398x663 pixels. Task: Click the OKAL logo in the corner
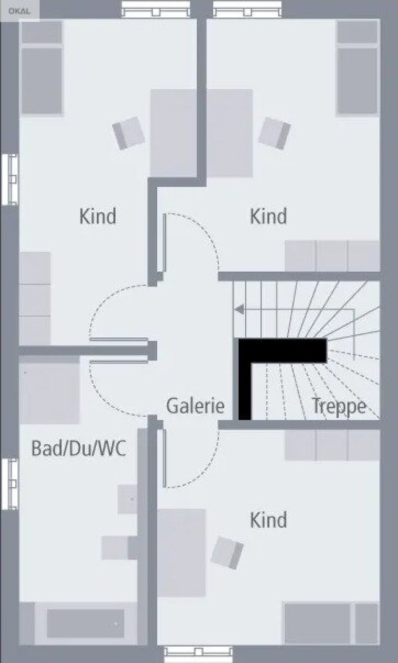(x=19, y=11)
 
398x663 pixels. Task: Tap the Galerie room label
(x=195, y=406)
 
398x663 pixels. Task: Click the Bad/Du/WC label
(x=79, y=449)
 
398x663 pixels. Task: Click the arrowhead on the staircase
(x=239, y=310)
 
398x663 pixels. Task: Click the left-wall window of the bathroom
(x=9, y=484)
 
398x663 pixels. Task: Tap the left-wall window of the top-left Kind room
(x=9, y=179)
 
